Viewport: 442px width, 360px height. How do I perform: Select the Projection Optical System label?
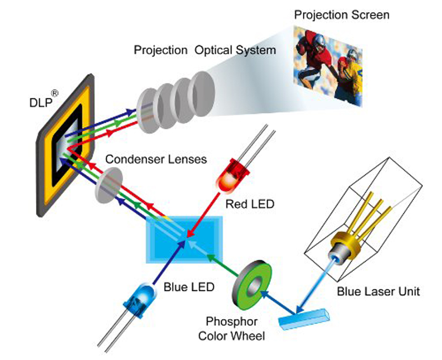[x=204, y=50]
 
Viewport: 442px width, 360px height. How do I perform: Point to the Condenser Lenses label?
[x=156, y=159]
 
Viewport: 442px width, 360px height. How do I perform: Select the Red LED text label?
[x=250, y=205]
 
